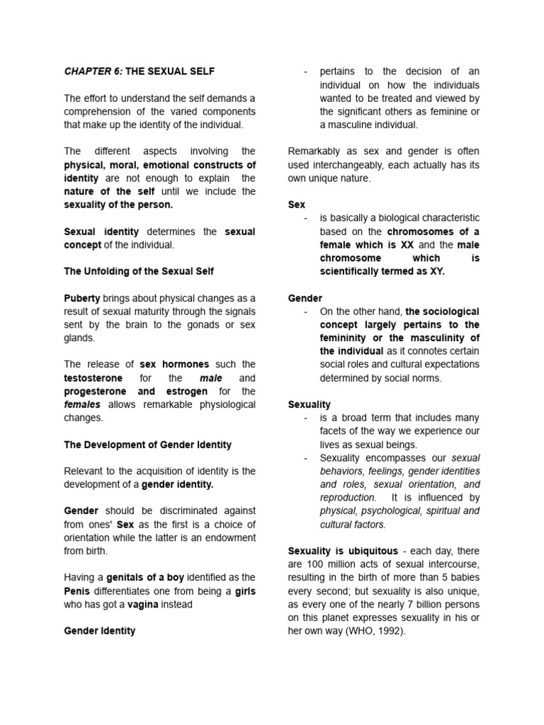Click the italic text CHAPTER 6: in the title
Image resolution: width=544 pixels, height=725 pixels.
pos(93,72)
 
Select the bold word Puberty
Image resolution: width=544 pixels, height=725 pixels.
pos(82,298)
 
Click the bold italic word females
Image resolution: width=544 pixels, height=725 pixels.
pos(82,404)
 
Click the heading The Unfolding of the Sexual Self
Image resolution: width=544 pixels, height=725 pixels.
pos(139,271)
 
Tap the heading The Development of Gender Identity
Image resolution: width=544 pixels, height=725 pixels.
pos(148,445)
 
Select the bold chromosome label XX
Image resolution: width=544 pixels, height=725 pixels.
pos(407,244)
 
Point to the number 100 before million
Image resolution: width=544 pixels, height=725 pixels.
pos(316,564)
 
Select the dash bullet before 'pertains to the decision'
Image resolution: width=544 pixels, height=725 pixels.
pos(305,72)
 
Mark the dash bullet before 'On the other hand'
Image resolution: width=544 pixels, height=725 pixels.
pos(305,312)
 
